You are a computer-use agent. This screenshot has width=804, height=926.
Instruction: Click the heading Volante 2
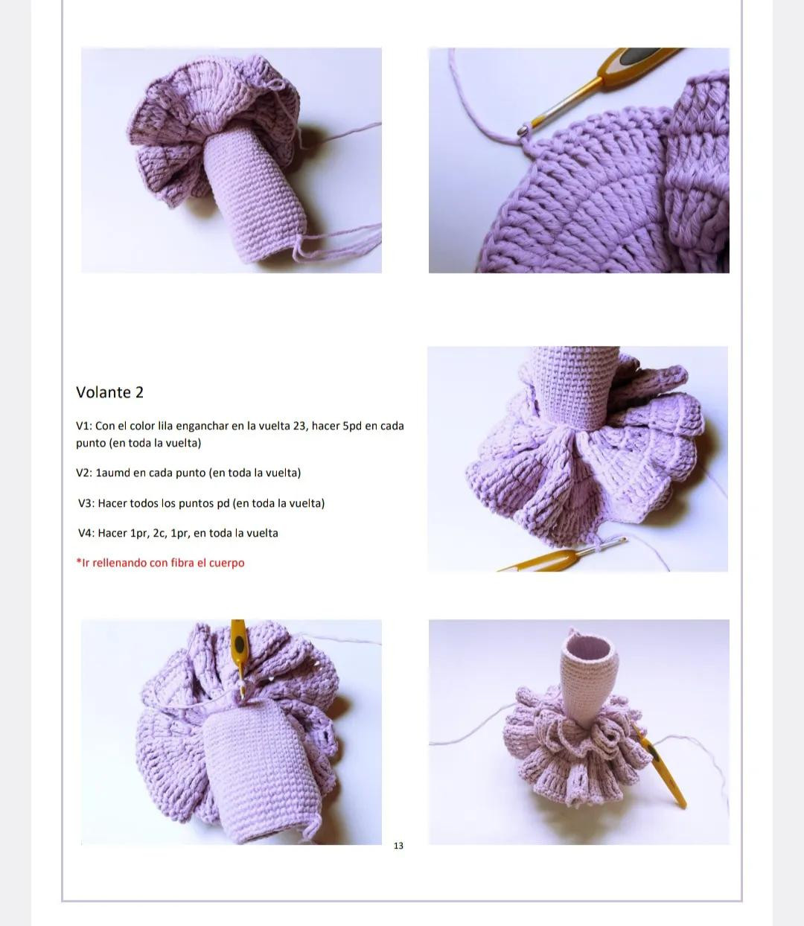point(109,392)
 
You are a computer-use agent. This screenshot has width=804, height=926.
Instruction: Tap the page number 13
point(398,846)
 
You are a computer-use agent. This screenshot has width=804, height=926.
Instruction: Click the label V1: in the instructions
point(84,426)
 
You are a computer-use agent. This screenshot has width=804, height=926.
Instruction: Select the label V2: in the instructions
point(86,473)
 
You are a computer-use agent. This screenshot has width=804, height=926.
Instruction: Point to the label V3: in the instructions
point(86,503)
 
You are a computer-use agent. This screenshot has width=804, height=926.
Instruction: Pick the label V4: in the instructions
point(86,533)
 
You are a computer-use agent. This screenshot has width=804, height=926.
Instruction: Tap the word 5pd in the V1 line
point(351,426)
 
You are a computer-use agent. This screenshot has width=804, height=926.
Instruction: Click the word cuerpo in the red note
point(226,563)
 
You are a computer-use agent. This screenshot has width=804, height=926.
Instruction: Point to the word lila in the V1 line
point(170,426)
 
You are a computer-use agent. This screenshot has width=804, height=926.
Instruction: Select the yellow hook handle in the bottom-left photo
point(238,640)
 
